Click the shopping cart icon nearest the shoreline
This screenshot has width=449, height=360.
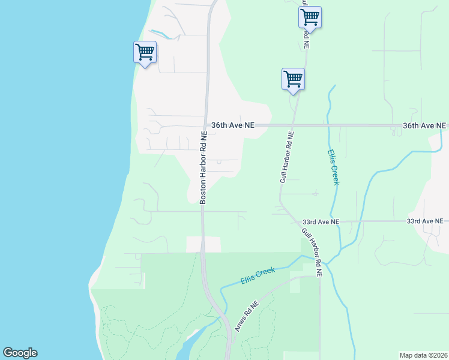click(145, 52)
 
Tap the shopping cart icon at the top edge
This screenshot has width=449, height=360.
click(310, 17)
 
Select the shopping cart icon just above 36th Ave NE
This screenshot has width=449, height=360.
click(293, 79)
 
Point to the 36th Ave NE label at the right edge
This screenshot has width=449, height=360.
click(424, 125)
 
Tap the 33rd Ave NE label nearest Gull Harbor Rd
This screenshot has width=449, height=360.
click(321, 221)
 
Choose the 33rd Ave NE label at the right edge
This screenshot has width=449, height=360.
click(427, 221)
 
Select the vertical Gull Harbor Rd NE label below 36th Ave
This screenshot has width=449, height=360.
click(287, 157)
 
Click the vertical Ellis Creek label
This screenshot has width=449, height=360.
click(332, 167)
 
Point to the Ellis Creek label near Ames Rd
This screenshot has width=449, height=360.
click(258, 275)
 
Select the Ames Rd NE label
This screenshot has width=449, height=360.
click(247, 316)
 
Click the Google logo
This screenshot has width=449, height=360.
click(20, 353)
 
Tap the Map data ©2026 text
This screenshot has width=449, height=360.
click(423, 355)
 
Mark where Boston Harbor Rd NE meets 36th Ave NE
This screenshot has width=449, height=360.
click(206, 125)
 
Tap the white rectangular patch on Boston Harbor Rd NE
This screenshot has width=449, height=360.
click(203, 244)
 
